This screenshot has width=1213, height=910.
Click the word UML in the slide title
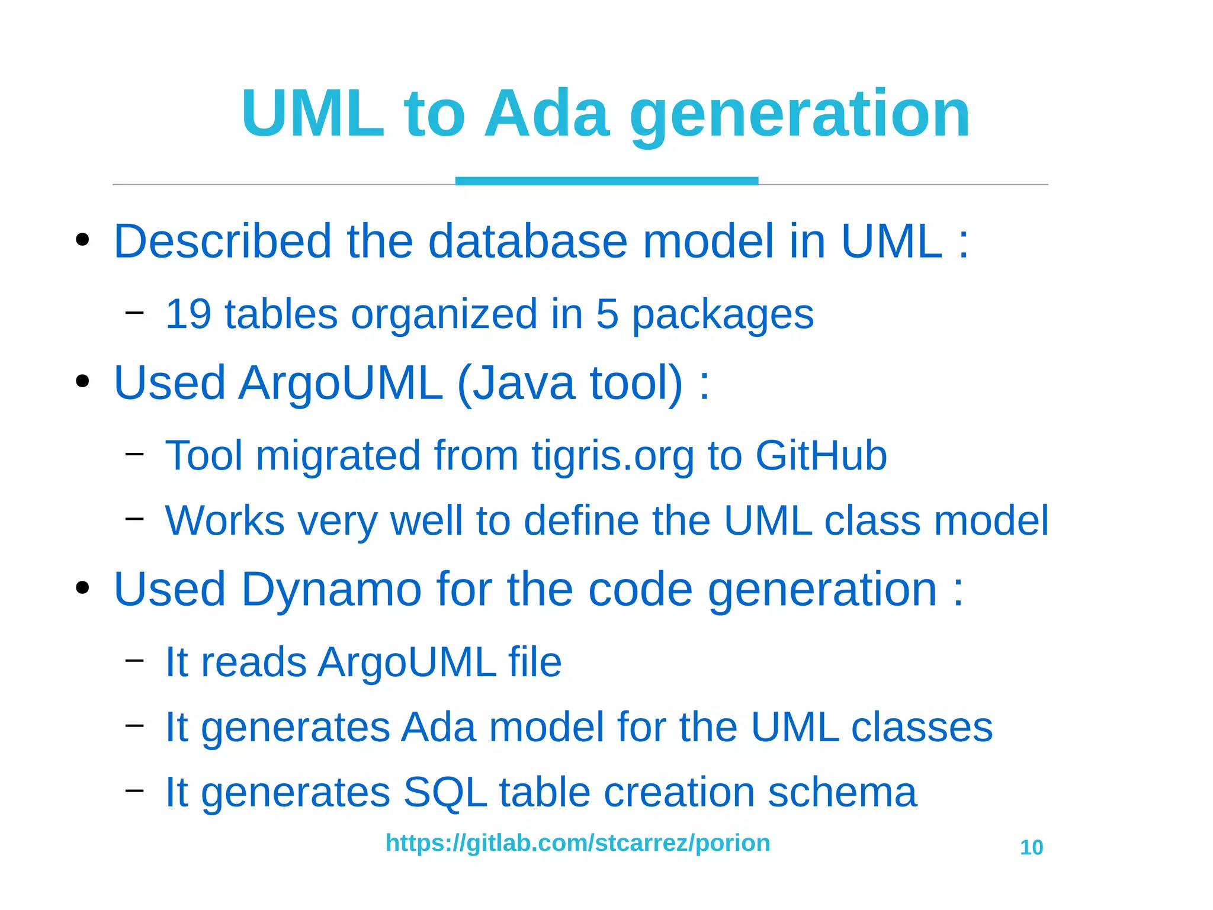313,114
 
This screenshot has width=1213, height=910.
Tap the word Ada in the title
546,114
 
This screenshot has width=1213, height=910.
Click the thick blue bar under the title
606,181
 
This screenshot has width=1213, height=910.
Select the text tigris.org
612,456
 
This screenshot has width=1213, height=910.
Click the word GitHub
821,456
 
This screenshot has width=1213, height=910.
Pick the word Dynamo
331,590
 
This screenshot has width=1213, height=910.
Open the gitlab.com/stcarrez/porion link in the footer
577,843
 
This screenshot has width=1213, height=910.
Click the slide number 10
1031,848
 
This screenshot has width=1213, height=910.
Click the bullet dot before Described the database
82,240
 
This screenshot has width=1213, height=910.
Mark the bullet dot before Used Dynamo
82,589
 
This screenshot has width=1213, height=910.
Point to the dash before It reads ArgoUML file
135,660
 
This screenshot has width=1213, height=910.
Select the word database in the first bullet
527,242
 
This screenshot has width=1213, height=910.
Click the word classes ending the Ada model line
922,727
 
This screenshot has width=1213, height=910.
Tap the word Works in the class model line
224,521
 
